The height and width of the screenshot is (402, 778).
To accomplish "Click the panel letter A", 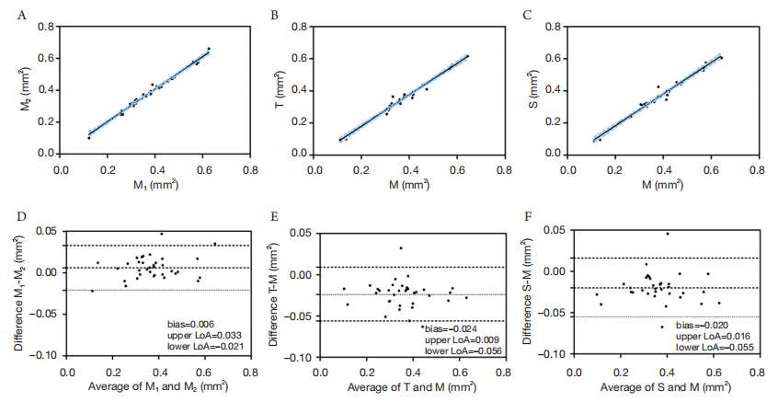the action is click(21, 16).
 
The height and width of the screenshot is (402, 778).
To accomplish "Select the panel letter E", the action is click(274, 218).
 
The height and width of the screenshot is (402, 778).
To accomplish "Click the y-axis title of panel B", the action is click(280, 90).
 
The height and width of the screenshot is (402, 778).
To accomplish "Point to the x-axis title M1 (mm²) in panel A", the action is click(154, 185).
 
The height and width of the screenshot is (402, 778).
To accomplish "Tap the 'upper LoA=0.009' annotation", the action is click(462, 340).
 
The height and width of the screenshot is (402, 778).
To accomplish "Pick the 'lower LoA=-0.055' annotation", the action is click(715, 348).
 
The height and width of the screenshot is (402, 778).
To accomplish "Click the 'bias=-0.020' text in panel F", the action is click(702, 326).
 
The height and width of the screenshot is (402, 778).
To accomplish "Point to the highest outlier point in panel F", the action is click(668, 234).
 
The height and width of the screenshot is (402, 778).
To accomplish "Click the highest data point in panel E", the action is click(401, 248).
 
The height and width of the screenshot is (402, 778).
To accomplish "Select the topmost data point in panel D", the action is click(161, 234).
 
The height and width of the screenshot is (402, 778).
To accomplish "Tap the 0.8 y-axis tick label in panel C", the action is click(555, 27).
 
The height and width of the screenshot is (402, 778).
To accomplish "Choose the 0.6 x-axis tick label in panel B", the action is click(456, 169).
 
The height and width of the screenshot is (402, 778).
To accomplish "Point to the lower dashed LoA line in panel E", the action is click(412, 321).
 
